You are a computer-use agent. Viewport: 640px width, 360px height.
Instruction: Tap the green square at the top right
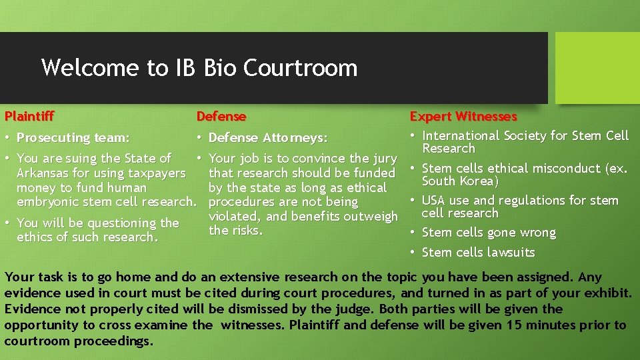click(597, 68)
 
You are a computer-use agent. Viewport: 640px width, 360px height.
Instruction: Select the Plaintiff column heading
click(29, 117)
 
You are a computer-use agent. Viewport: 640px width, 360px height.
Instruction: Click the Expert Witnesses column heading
click(463, 117)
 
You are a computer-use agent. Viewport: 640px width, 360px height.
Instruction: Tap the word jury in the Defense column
click(384, 159)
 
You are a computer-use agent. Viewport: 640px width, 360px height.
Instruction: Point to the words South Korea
click(460, 181)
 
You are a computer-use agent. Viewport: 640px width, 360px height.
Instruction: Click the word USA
click(433, 201)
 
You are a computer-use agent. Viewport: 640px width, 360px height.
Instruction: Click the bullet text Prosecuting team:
click(73, 138)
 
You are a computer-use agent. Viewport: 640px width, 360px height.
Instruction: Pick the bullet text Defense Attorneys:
click(268, 138)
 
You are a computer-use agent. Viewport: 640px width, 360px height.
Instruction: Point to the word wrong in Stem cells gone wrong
click(537, 233)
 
